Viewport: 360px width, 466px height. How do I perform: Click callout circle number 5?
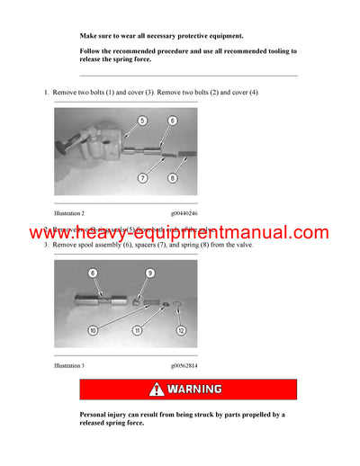(x=142, y=120)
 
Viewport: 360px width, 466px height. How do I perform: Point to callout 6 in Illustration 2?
(x=172, y=120)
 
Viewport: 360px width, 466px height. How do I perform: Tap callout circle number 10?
(x=93, y=330)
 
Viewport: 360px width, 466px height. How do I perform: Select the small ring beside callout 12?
(x=174, y=310)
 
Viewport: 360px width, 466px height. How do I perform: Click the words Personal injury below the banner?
(x=106, y=415)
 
